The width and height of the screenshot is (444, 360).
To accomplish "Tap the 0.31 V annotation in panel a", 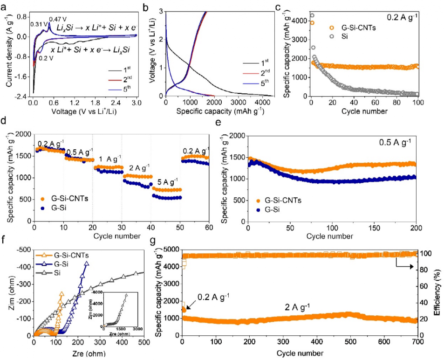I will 38,24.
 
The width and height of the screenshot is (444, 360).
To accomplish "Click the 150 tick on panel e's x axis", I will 374,229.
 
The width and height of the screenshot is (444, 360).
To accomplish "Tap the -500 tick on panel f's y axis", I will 24,250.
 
